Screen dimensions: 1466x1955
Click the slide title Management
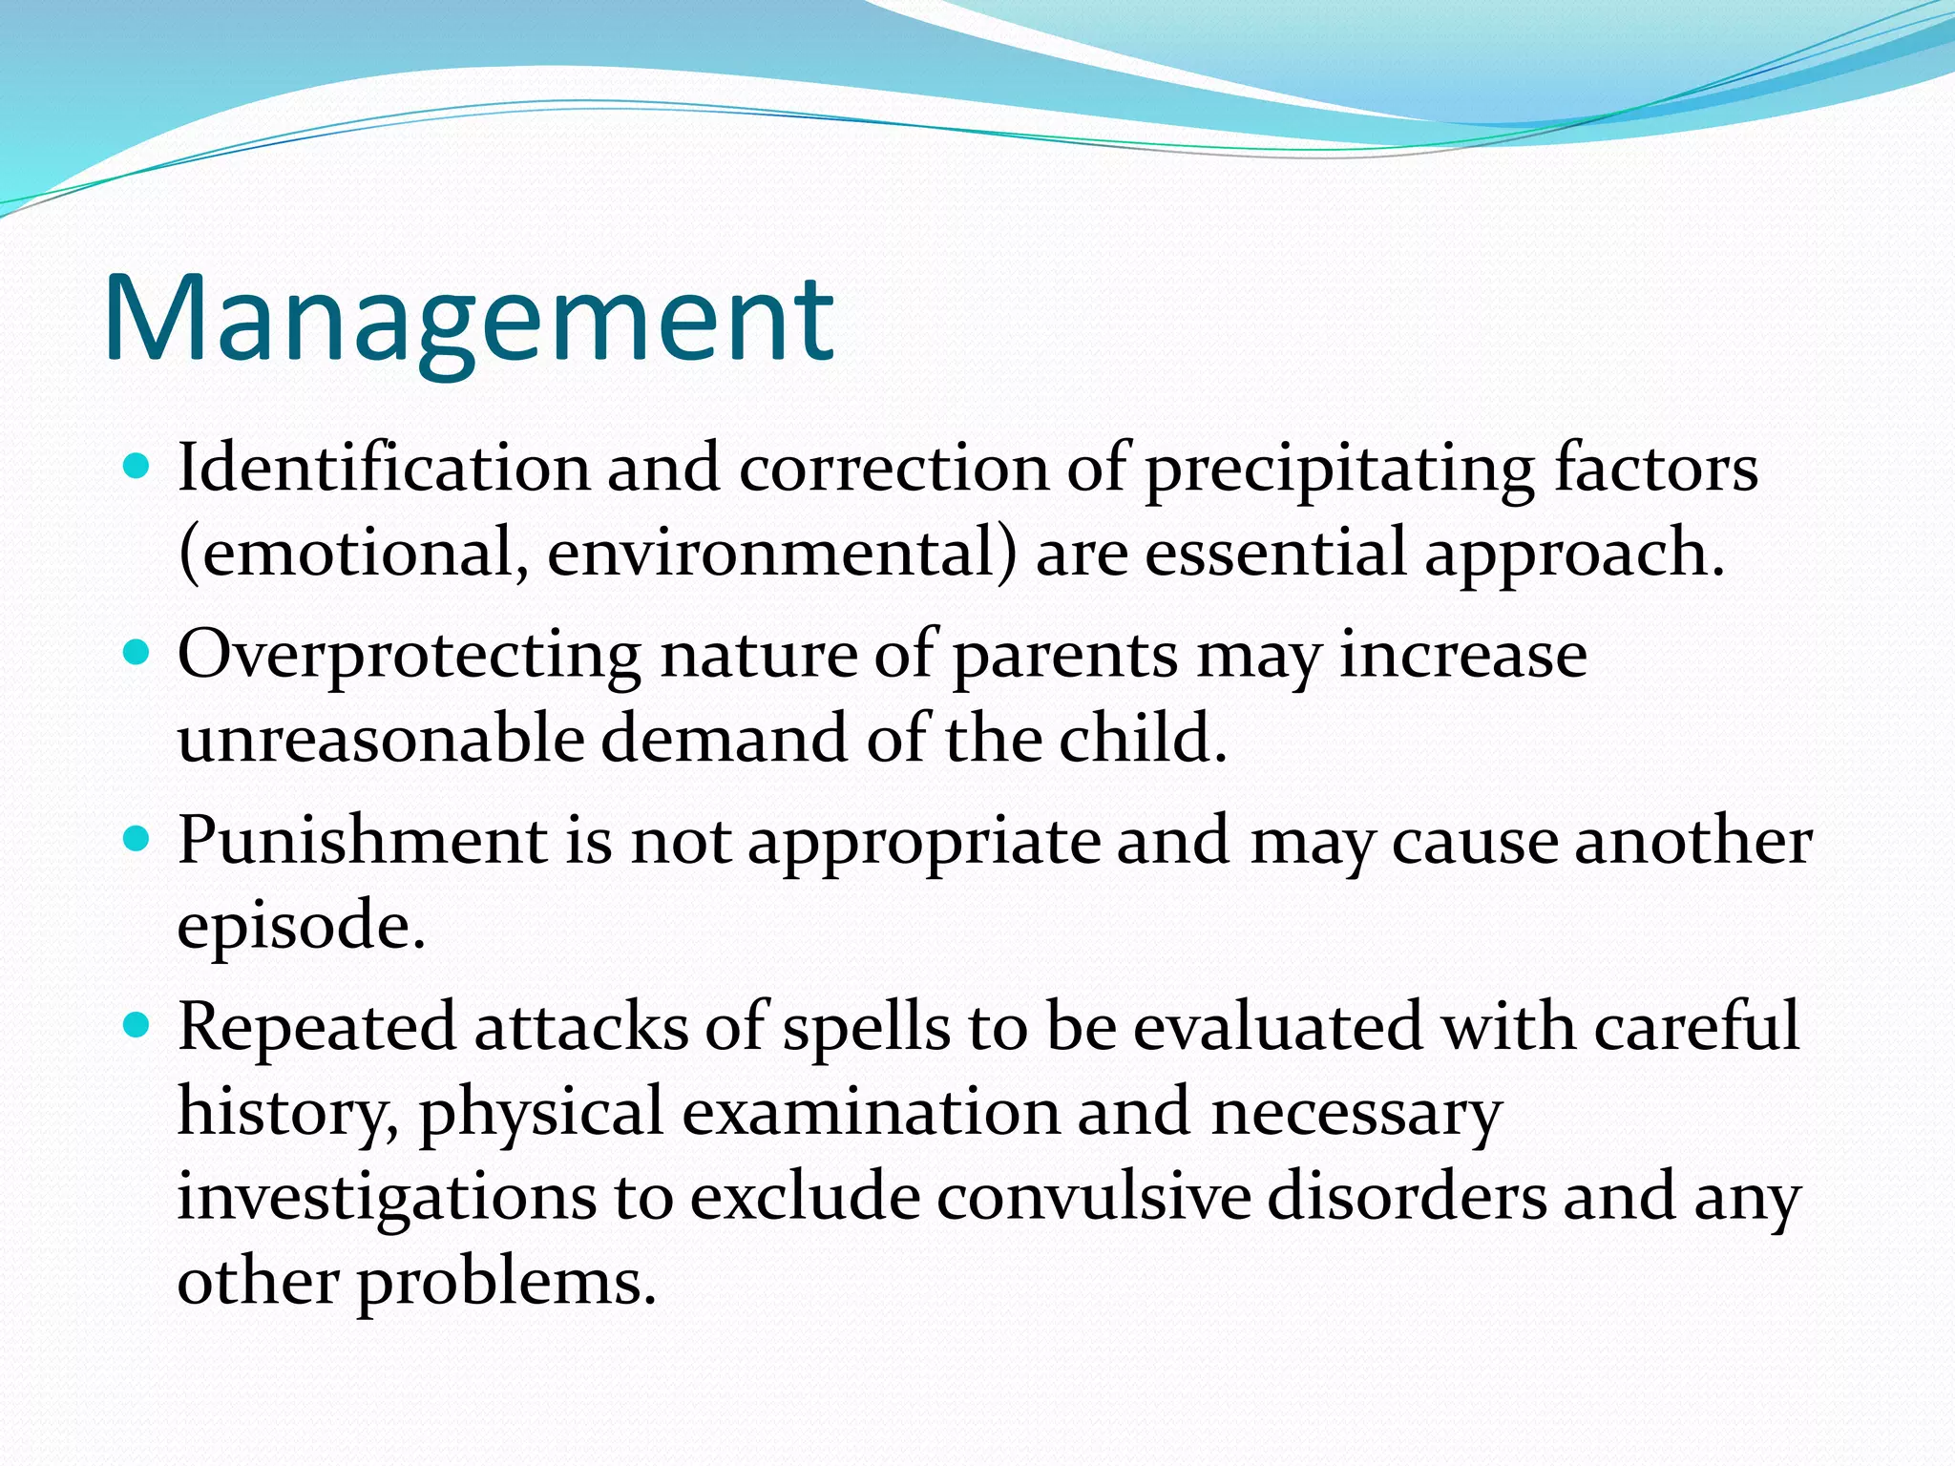[x=468, y=320]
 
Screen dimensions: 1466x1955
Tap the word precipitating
[x=1339, y=470]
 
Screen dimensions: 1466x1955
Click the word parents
[x=1065, y=657]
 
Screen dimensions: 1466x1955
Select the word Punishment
[x=363, y=843]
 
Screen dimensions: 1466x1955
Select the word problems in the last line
[x=506, y=1282]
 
